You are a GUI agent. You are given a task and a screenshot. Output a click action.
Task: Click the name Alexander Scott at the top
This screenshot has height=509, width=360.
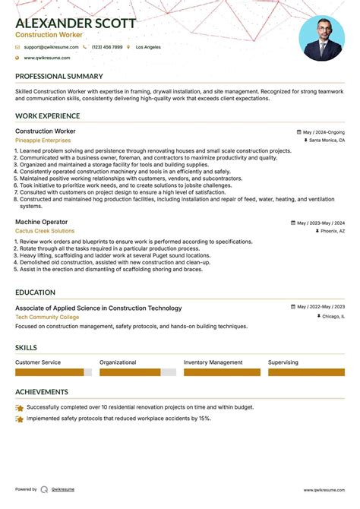point(76,24)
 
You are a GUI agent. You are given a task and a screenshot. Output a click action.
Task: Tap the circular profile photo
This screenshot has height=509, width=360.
point(321,38)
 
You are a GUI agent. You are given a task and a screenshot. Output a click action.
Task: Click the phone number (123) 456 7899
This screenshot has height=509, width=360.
point(106,47)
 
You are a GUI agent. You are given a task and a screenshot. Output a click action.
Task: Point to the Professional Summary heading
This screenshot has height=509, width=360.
point(59,77)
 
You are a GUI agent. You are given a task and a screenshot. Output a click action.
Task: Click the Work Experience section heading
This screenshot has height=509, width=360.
point(47,116)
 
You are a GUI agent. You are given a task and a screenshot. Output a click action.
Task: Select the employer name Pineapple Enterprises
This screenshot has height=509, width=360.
point(43,141)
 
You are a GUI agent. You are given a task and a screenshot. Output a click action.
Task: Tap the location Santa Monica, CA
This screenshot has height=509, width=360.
point(327,141)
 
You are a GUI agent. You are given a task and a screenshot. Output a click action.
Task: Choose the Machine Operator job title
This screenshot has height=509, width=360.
point(41,222)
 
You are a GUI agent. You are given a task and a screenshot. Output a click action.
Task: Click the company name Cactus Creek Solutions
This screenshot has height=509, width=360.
point(45,231)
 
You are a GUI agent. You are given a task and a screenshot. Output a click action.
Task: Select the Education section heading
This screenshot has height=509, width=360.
point(35,292)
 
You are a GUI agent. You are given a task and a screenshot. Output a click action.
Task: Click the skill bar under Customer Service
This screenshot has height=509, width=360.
point(53,372)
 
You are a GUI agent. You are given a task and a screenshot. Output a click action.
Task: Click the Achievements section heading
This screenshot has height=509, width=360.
point(42,392)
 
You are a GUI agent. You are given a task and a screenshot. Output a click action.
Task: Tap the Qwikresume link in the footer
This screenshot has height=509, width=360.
point(63,490)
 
